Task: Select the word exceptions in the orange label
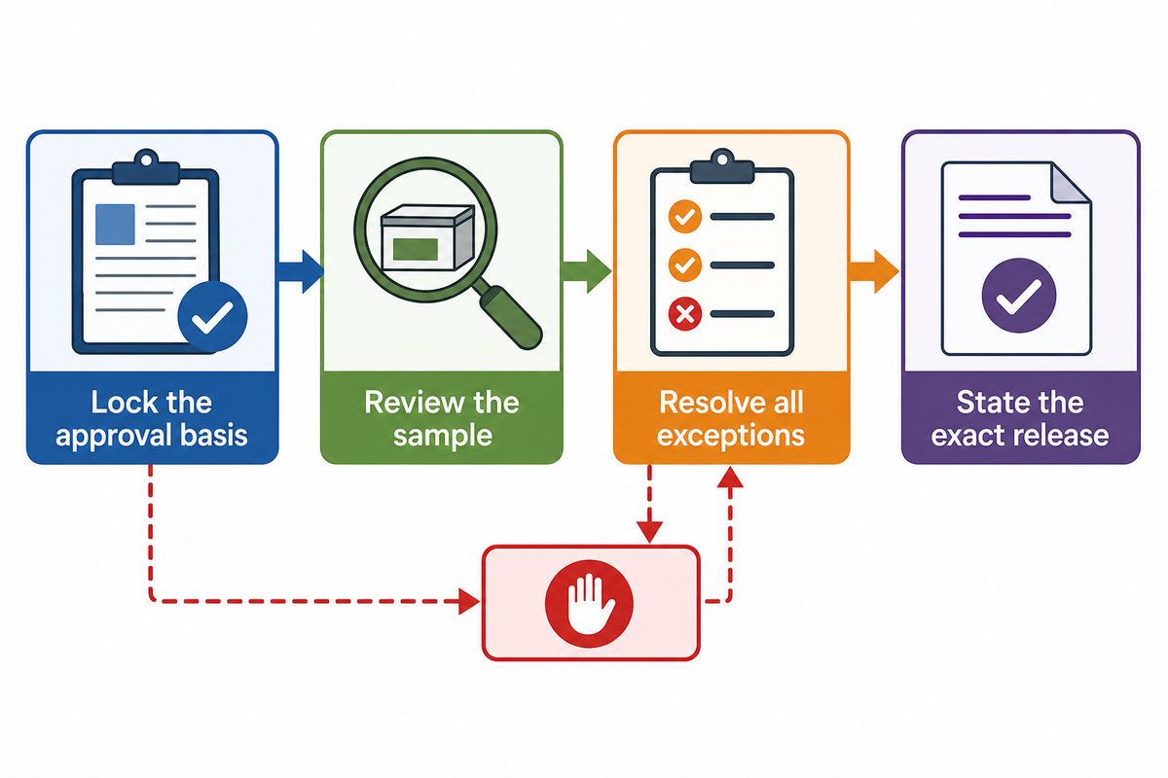pos(731,436)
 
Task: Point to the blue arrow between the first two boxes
pos(301,271)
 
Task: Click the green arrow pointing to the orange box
pos(587,271)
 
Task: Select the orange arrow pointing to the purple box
pos(874,271)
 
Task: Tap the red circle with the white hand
pos(589,603)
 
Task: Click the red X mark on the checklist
pos(684,314)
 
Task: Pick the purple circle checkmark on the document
pos(1019,296)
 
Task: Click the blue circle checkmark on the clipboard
pos(212,316)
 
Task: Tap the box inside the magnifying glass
pos(427,237)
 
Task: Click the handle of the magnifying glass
pos(512,317)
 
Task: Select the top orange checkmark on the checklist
pos(684,216)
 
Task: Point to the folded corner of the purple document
pos(1070,183)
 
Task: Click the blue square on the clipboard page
pos(115,225)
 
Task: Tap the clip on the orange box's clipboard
pos(722,166)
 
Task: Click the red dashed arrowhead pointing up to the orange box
pos(730,477)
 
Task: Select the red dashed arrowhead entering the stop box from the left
pos(469,601)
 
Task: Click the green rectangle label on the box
pos(415,249)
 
